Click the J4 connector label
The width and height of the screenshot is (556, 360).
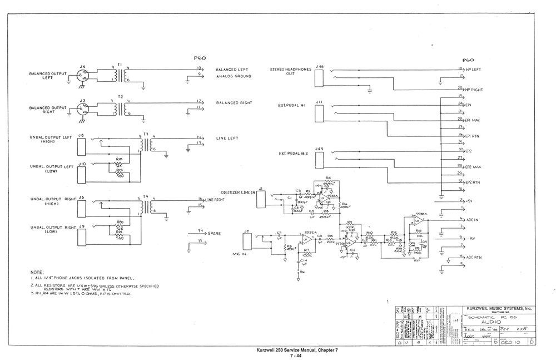click(x=83, y=67)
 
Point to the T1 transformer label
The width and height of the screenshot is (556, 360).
click(x=120, y=65)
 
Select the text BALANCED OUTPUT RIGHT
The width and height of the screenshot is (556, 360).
click(x=48, y=110)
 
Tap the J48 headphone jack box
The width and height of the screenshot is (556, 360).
click(x=319, y=78)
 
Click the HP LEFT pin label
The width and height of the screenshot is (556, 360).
click(x=473, y=70)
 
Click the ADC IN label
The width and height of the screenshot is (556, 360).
click(x=472, y=220)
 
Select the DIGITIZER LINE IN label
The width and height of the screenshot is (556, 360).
click(x=237, y=192)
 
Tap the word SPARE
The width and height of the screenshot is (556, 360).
click(x=215, y=234)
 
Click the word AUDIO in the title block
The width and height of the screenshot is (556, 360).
click(x=491, y=322)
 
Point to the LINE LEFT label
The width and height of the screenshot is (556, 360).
click(x=227, y=138)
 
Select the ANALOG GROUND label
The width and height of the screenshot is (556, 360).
click(x=234, y=76)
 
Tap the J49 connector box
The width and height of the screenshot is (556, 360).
click(x=319, y=160)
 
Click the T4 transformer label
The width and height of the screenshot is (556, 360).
click(x=146, y=196)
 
